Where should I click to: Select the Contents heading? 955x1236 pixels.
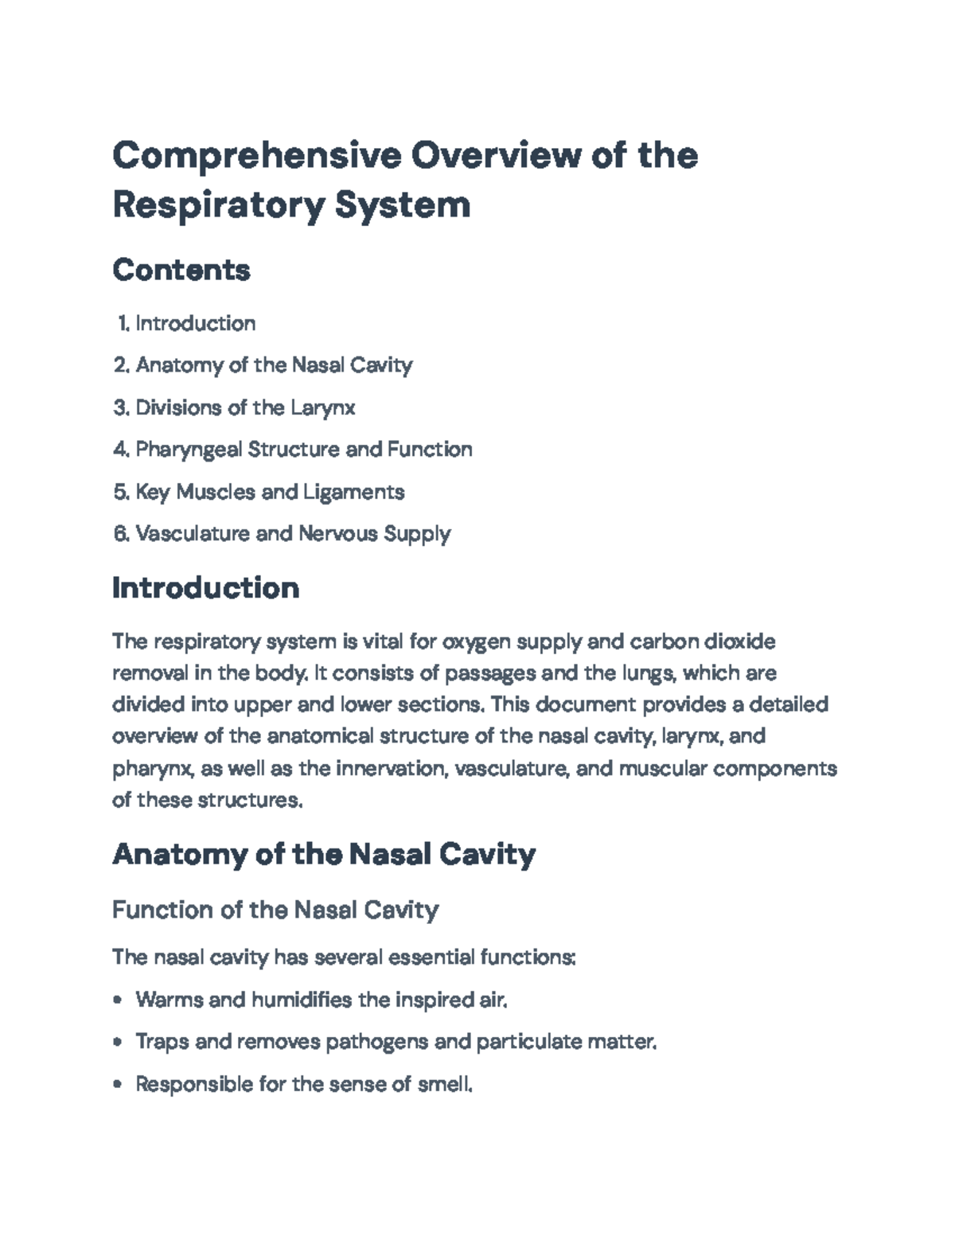pyautogui.click(x=181, y=270)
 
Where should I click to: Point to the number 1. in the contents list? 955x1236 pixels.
pyautogui.click(x=123, y=323)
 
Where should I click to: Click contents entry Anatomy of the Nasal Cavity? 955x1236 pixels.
pyautogui.click(x=274, y=365)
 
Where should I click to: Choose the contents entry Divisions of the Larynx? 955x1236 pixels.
pyautogui.click(x=245, y=407)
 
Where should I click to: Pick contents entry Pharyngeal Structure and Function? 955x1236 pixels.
pyautogui.click(x=304, y=450)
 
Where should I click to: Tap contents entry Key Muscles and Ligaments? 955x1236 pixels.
pyautogui.click(x=270, y=492)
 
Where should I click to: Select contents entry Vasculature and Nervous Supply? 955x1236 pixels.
pyautogui.click(x=293, y=533)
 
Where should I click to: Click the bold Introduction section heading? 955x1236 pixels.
pyautogui.click(x=206, y=588)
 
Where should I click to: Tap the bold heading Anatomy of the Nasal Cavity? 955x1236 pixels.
pyautogui.click(x=324, y=854)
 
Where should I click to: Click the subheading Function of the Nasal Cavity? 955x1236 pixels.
pyautogui.click(x=275, y=910)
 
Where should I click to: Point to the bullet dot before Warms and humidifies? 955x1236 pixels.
pyautogui.click(x=119, y=1000)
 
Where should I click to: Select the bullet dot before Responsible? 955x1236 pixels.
pyautogui.click(x=119, y=1085)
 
